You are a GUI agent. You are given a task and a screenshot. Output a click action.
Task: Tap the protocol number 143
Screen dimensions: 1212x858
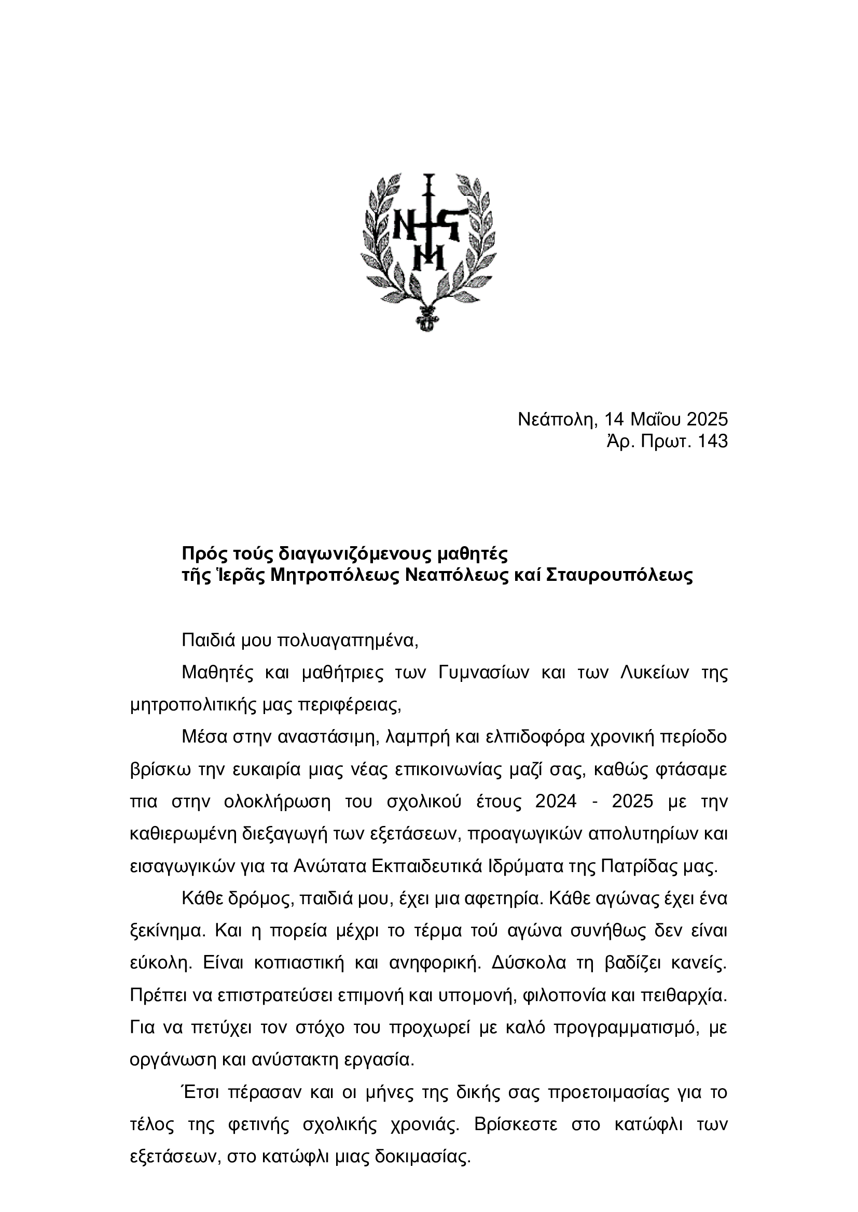(x=713, y=441)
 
